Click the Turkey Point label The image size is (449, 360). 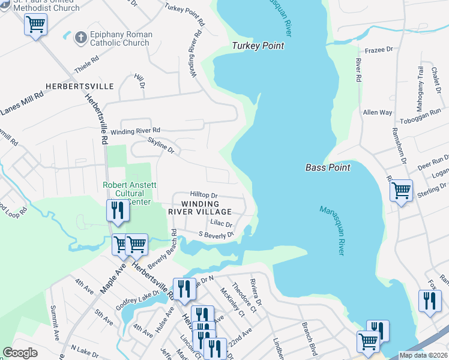click(x=258, y=46)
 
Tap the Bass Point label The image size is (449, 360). click(x=327, y=167)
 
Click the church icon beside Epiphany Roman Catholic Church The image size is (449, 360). click(x=80, y=38)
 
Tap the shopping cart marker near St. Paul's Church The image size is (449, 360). click(x=36, y=25)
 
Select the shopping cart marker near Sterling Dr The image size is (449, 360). click(x=400, y=191)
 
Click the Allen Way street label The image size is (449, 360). click(x=378, y=112)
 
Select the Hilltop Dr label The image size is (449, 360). click(x=203, y=195)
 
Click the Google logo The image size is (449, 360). click(x=20, y=353)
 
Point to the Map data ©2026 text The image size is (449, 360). click(x=423, y=355)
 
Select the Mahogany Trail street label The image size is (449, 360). click(x=420, y=85)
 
